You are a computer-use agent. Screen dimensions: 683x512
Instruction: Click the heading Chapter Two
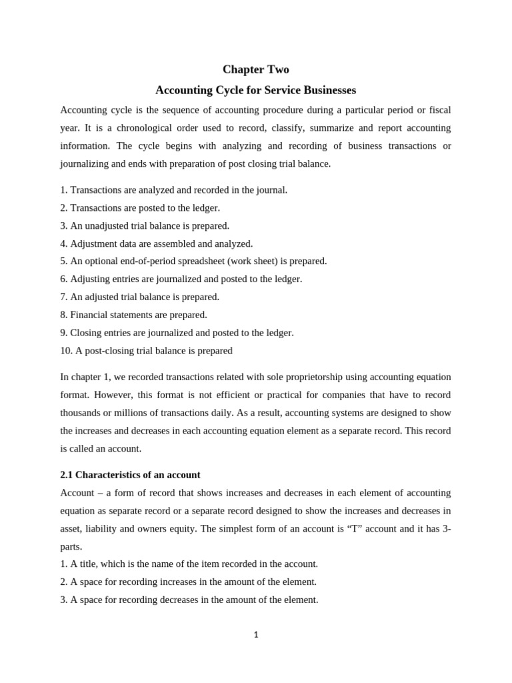(x=256, y=69)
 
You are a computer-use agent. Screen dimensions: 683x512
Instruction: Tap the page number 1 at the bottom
(x=256, y=634)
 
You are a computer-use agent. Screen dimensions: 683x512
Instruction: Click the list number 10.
(x=66, y=350)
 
